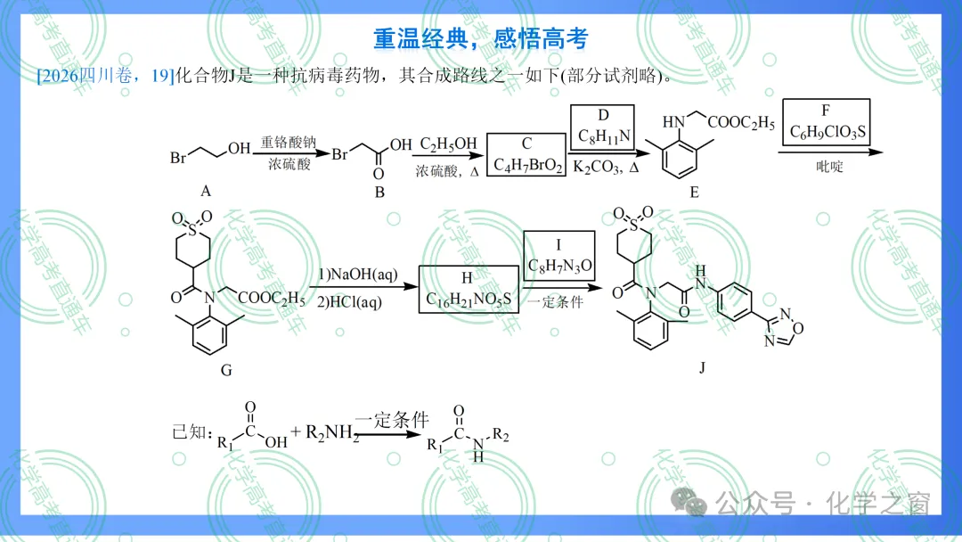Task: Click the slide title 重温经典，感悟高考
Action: (x=480, y=38)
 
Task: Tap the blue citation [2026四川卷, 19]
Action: (x=105, y=76)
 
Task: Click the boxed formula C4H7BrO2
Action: (x=527, y=165)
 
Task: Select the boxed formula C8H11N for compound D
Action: (x=604, y=136)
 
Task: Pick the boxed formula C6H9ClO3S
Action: (x=827, y=132)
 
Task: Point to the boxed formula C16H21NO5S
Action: (x=469, y=299)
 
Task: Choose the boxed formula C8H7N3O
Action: (x=559, y=266)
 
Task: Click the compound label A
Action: (x=206, y=192)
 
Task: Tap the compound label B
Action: (x=379, y=193)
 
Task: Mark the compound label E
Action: (x=695, y=193)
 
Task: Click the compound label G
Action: (x=226, y=370)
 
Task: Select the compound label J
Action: (x=702, y=367)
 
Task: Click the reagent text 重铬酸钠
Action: (x=289, y=143)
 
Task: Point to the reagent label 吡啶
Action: (x=829, y=167)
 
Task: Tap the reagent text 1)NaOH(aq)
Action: (x=358, y=275)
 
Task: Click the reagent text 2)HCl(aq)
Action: (x=350, y=302)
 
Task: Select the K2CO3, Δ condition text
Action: (x=607, y=167)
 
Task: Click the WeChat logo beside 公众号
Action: (x=689, y=502)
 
